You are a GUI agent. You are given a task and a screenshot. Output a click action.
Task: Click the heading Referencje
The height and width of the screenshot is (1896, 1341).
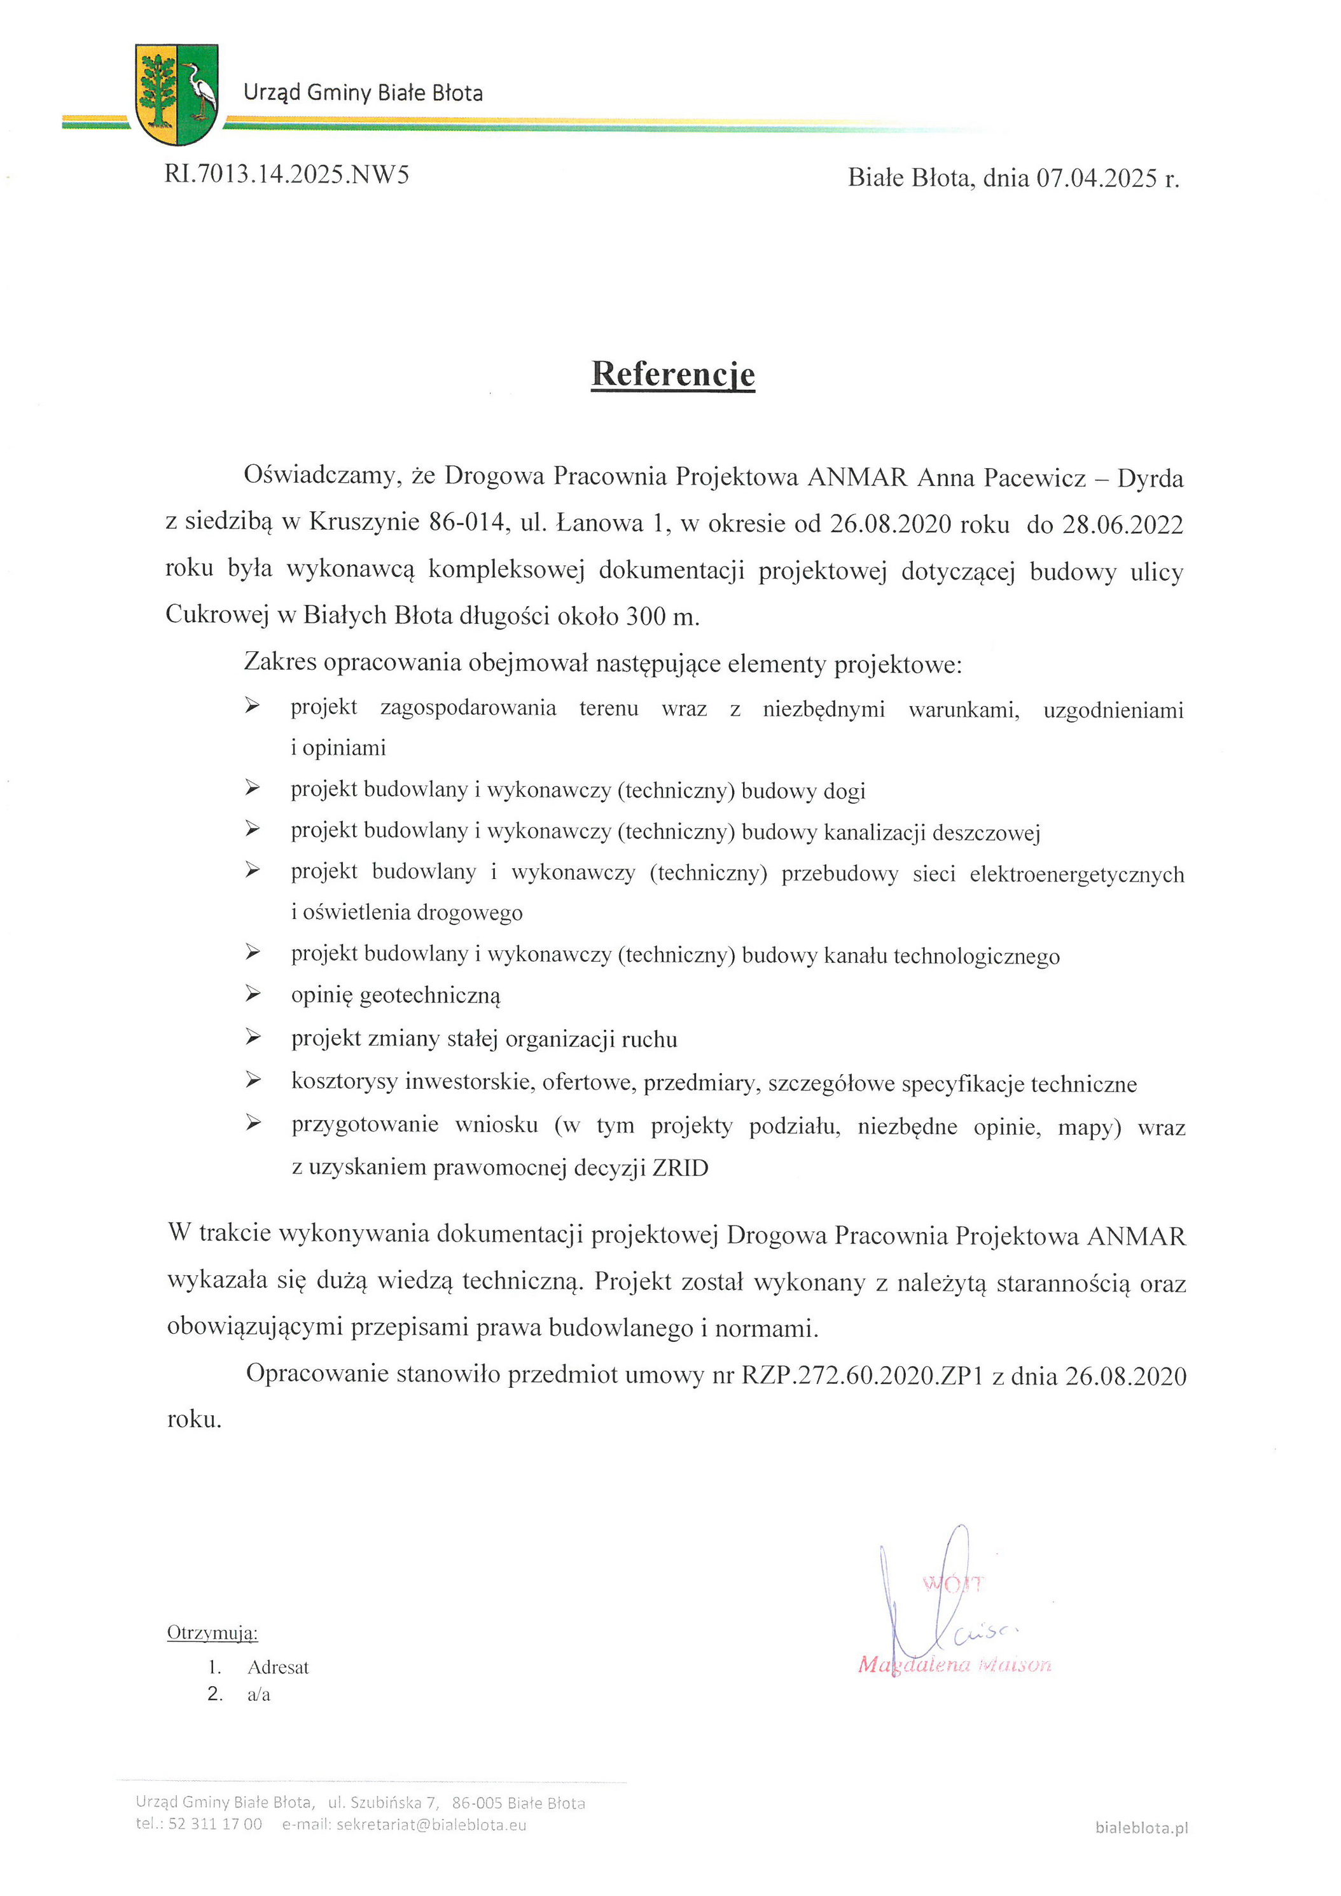pyautogui.click(x=673, y=374)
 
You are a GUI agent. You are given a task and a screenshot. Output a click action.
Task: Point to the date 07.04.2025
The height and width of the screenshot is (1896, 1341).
pyautogui.click(x=1097, y=178)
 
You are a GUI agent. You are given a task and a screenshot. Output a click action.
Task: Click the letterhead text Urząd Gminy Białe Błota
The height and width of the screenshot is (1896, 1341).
pyautogui.click(x=363, y=92)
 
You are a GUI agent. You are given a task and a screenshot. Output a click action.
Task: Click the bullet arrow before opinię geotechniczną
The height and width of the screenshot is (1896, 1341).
pyautogui.click(x=253, y=994)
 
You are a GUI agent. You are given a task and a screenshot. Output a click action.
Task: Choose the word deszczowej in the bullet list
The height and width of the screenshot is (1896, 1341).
pyautogui.click(x=986, y=833)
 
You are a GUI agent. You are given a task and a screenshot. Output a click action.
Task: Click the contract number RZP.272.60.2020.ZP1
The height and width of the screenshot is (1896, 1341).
pyautogui.click(x=862, y=1376)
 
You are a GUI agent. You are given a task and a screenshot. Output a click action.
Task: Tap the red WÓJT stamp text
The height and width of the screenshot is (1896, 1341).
pyautogui.click(x=952, y=1584)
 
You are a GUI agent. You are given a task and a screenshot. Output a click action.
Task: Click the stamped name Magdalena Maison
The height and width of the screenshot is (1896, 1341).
pyautogui.click(x=955, y=1664)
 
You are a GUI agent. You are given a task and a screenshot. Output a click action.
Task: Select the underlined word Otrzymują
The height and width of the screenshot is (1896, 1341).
pyautogui.click(x=212, y=1633)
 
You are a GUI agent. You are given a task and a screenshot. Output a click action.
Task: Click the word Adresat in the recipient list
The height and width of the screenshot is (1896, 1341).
pyautogui.click(x=278, y=1667)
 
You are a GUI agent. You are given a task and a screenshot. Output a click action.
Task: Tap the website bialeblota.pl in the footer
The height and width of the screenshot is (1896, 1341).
pyautogui.click(x=1141, y=1827)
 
